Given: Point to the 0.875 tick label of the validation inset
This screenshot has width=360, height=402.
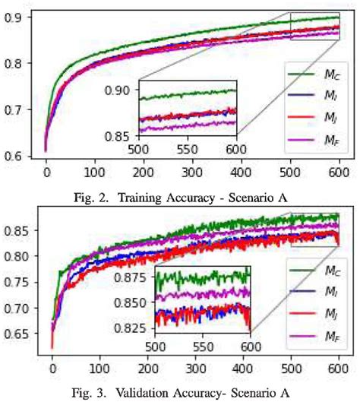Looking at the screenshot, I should [135, 278].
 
